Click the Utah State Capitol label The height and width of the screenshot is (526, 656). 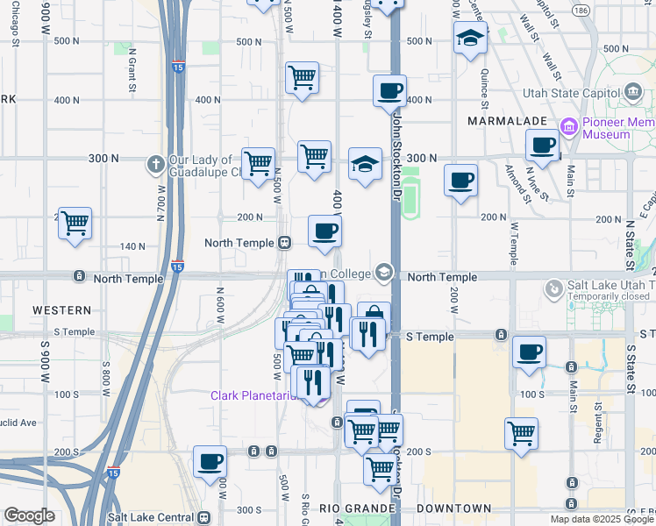[571, 93]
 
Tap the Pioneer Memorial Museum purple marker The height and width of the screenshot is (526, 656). [569, 128]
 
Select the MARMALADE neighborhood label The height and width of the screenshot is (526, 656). [508, 120]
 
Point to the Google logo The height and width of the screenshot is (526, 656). [29, 516]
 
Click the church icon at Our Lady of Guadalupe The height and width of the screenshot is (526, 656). [155, 164]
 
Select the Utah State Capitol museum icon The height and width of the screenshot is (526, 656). [632, 92]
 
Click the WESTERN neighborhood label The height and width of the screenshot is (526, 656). [62, 310]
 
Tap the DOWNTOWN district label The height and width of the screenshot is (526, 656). [453, 508]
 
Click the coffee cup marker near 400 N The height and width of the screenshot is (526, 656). [389, 89]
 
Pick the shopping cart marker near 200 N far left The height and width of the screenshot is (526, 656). [75, 224]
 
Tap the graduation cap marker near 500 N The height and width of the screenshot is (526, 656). [471, 39]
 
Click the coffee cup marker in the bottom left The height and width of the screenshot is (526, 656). [210, 461]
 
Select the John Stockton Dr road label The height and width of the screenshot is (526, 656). [397, 158]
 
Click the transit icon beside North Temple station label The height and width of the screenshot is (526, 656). [284, 243]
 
